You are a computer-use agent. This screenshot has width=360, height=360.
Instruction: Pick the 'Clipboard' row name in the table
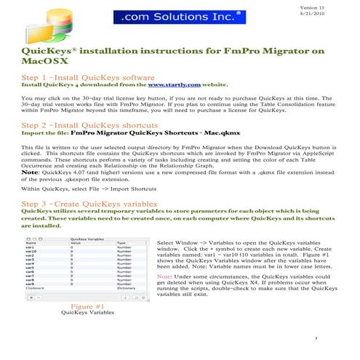[36, 288]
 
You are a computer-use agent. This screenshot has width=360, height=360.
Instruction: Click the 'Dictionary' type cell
[127, 288]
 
